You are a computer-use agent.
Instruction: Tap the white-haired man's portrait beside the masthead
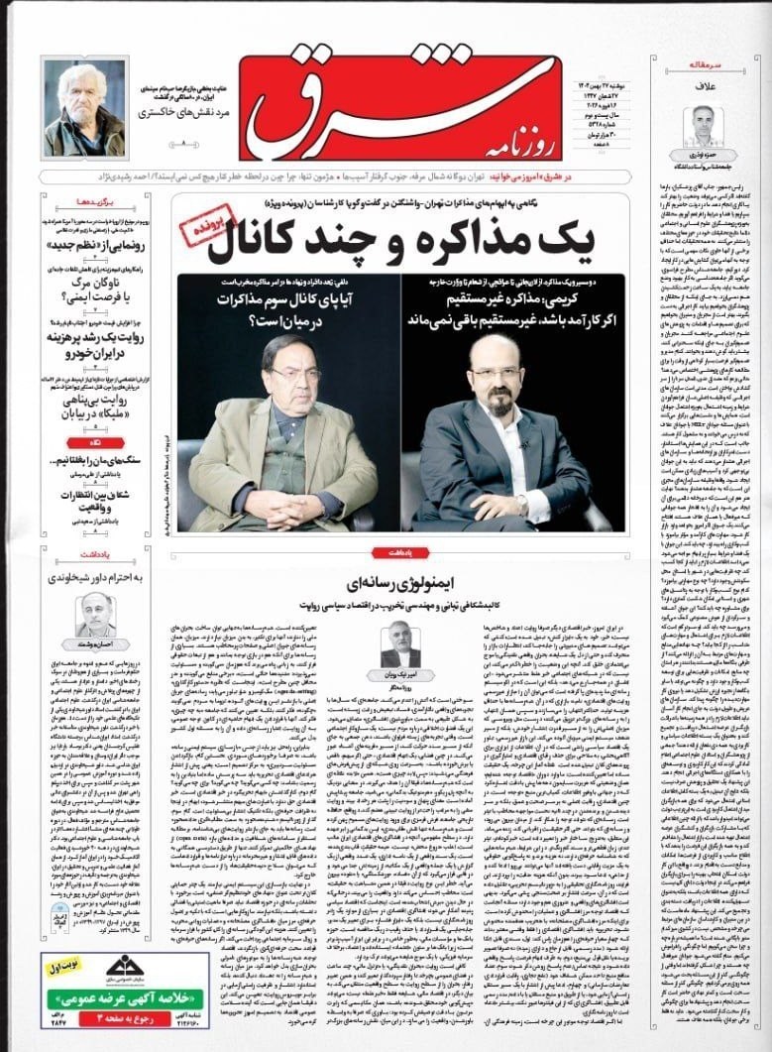click(x=84, y=108)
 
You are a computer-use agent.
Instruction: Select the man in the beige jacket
click(x=282, y=436)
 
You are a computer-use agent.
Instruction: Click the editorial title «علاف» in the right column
click(x=704, y=88)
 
